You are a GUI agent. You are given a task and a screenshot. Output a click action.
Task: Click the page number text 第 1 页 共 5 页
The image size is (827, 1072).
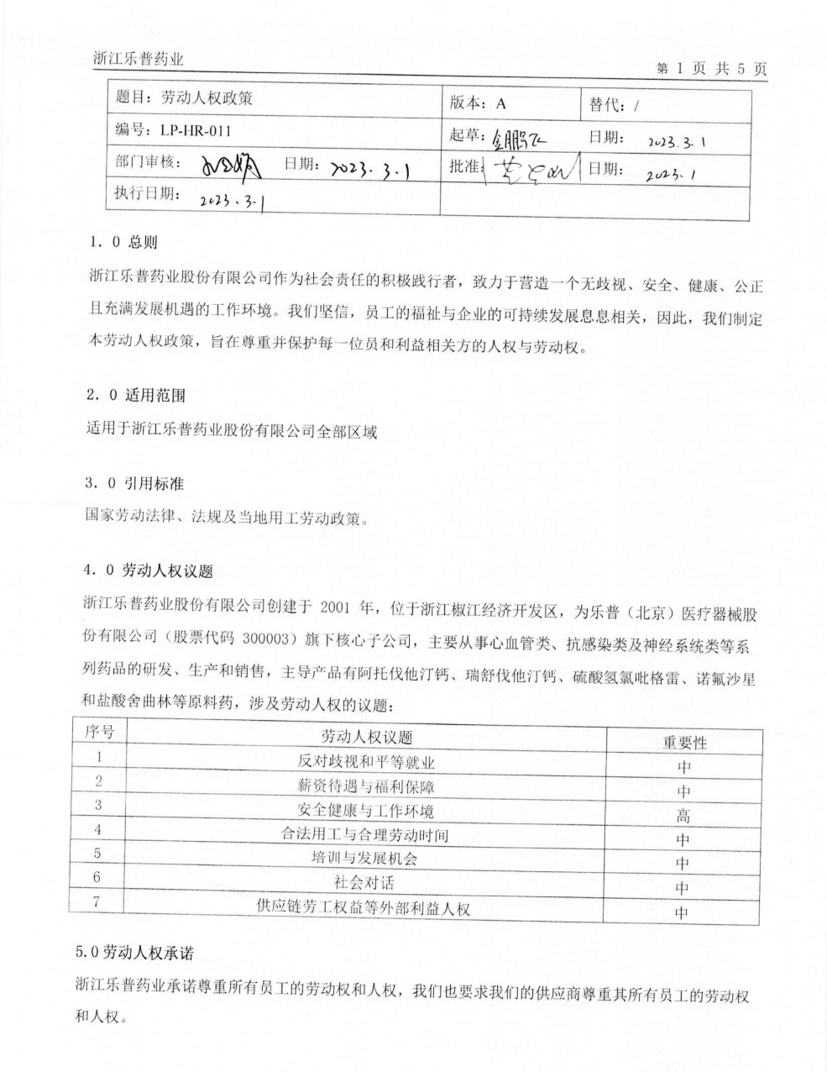point(711,70)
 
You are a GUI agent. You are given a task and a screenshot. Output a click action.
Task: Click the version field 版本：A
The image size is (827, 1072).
point(478,102)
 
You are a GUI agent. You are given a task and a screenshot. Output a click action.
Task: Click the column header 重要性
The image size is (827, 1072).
point(684,743)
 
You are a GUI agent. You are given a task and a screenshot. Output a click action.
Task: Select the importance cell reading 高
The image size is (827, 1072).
point(683,815)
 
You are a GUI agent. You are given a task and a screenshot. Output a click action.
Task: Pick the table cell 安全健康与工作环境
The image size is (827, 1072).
point(366,811)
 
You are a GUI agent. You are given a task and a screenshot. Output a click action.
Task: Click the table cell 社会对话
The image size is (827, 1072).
point(366,882)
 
